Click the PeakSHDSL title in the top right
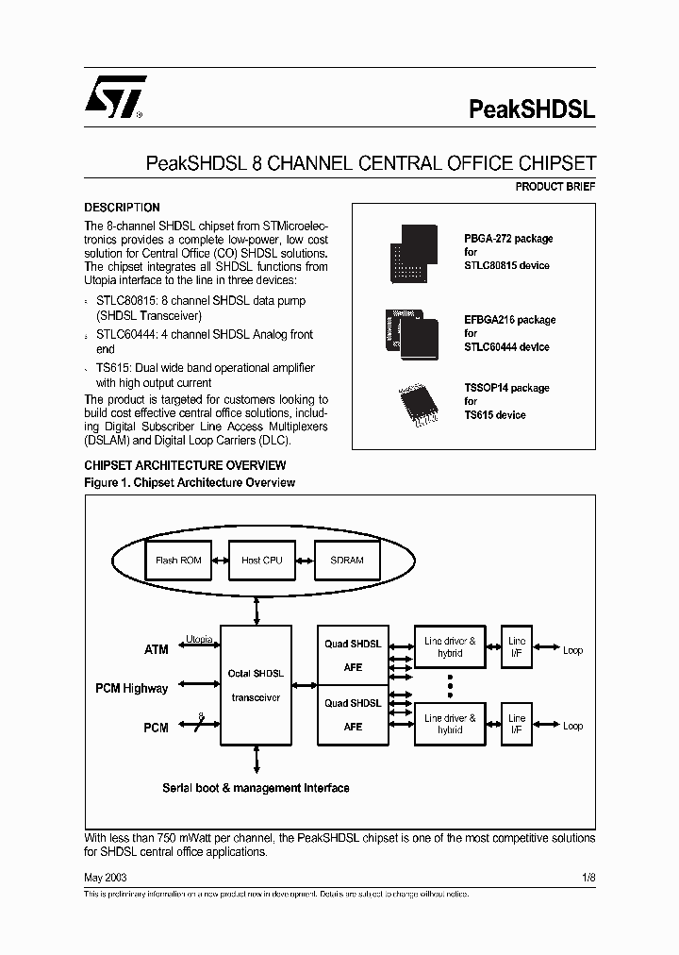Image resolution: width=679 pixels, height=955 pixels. click(x=532, y=109)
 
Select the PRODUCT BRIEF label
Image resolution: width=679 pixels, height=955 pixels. click(x=555, y=187)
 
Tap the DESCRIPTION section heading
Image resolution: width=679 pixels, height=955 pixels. click(x=123, y=208)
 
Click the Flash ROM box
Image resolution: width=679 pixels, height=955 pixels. click(x=178, y=560)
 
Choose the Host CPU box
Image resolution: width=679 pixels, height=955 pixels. click(x=261, y=560)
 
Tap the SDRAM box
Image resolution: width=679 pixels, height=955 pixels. click(x=346, y=560)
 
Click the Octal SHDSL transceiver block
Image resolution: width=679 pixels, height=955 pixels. click(x=256, y=684)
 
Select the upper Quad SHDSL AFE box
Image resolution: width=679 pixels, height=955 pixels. click(x=353, y=655)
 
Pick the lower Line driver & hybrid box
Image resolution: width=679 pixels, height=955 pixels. click(x=450, y=724)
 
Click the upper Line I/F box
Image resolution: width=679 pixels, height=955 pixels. click(x=516, y=645)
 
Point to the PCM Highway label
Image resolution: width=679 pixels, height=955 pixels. click(x=131, y=688)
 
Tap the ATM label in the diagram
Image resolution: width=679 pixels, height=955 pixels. click(x=156, y=649)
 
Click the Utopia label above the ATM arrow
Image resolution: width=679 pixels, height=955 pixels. click(x=199, y=639)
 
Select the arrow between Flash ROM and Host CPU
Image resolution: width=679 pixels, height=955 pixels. click(x=220, y=560)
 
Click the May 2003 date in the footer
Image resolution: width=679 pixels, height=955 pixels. click(x=106, y=877)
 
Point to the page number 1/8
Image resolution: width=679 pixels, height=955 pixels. click(x=588, y=877)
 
